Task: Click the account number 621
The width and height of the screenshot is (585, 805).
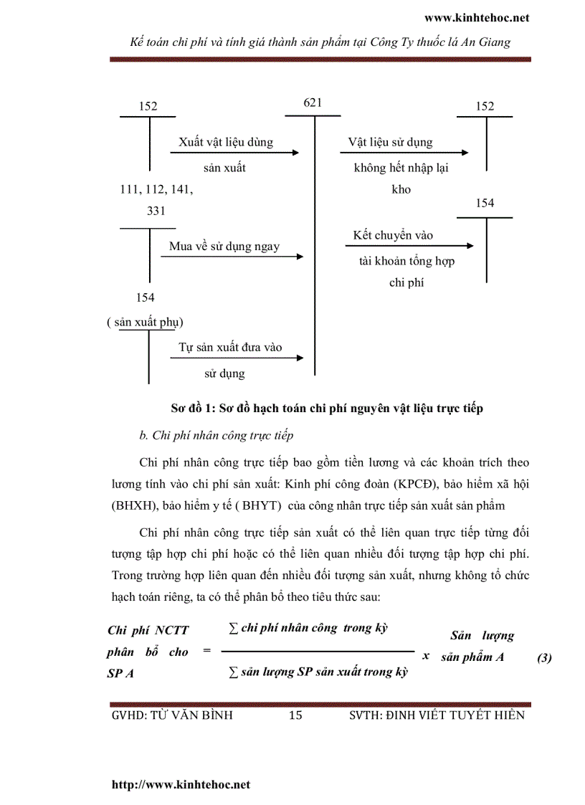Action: click(x=313, y=103)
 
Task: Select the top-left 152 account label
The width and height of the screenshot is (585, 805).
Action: click(x=148, y=106)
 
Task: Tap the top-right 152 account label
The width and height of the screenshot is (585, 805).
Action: click(x=485, y=106)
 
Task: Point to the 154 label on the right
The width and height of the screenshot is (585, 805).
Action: click(x=485, y=203)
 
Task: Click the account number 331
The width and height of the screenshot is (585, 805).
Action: click(x=156, y=211)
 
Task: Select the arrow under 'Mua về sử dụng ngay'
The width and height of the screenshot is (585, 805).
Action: click(x=232, y=257)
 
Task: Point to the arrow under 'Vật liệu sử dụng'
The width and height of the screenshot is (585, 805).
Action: click(x=404, y=153)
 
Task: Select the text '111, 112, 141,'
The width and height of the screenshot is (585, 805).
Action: click(x=156, y=189)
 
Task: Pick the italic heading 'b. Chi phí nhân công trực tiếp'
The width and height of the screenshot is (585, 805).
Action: click(x=216, y=435)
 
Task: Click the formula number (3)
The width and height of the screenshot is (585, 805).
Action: click(x=543, y=657)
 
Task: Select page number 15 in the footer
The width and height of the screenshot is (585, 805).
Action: click(x=295, y=715)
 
